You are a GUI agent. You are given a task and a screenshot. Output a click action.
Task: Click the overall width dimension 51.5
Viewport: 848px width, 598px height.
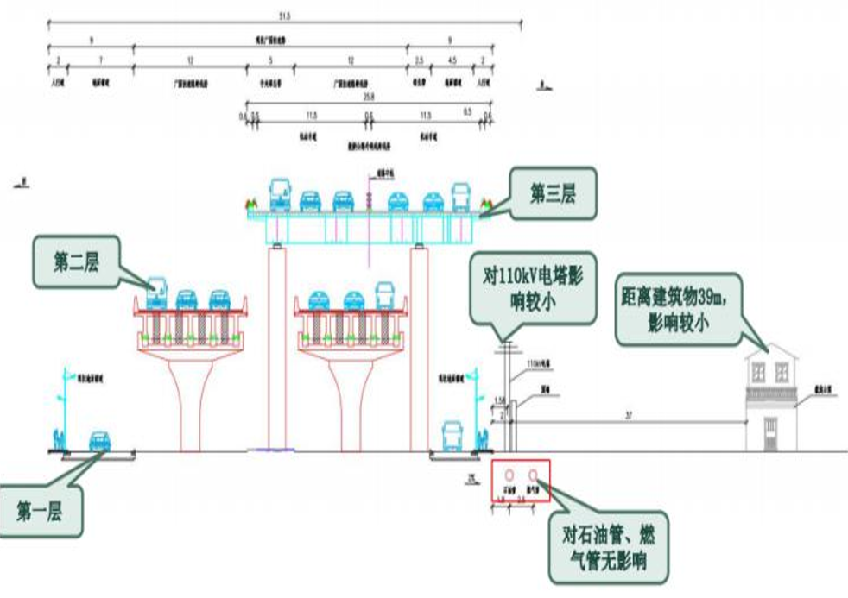284,15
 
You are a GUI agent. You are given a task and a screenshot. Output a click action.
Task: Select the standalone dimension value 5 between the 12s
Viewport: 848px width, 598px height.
270,60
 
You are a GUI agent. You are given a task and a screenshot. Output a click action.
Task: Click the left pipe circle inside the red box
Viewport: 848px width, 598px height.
510,475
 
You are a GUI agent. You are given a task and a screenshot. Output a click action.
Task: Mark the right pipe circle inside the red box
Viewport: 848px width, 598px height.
535,475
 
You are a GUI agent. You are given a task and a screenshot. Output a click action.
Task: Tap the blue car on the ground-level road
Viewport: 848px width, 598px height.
99,442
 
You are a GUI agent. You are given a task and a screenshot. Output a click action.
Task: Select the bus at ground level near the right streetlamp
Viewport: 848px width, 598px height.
453,437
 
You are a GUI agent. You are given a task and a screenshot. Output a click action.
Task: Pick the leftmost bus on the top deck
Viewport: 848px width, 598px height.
280,196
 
